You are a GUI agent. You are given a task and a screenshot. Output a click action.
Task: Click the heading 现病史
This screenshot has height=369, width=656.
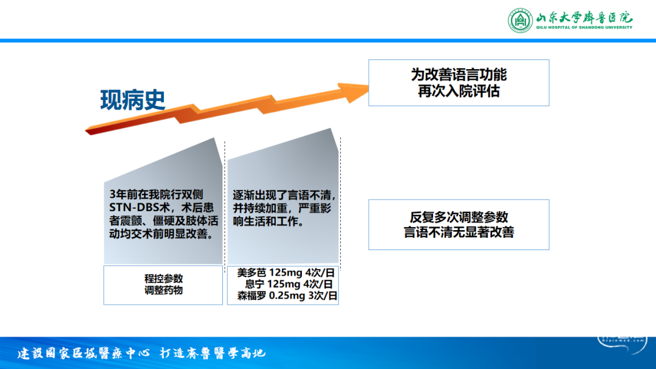click(132, 100)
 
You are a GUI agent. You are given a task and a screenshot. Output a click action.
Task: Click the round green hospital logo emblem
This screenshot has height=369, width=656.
click(520, 20)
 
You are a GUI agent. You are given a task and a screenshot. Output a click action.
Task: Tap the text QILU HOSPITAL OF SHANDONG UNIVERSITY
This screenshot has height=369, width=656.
click(584, 27)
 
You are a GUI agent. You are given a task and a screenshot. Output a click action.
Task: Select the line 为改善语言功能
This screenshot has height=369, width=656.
click(459, 75)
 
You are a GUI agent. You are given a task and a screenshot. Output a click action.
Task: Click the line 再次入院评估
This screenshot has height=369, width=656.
click(459, 91)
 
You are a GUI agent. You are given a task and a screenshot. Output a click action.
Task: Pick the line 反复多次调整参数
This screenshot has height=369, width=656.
click(459, 217)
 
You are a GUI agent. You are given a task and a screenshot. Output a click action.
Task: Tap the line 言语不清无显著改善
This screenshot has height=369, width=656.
click(459, 232)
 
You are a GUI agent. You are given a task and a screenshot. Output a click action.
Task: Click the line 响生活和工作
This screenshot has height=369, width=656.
click(268, 222)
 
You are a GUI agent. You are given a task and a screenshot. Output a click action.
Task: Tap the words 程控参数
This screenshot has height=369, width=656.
click(163, 279)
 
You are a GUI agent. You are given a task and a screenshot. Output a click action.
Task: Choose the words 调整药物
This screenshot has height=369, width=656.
click(163, 290)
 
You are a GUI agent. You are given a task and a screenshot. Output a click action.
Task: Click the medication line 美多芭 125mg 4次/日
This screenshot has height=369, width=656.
click(285, 273)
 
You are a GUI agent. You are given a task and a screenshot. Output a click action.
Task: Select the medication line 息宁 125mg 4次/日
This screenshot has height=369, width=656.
click(289, 284)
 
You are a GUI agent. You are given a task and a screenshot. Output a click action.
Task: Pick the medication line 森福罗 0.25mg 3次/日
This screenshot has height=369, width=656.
click(287, 296)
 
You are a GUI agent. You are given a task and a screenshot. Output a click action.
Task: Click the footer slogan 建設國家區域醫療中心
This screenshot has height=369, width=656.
click(83, 353)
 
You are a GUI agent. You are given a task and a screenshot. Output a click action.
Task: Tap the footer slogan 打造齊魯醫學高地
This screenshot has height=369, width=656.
click(213, 353)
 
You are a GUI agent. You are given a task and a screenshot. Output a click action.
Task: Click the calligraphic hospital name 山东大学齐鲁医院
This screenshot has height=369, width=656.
click(584, 17)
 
